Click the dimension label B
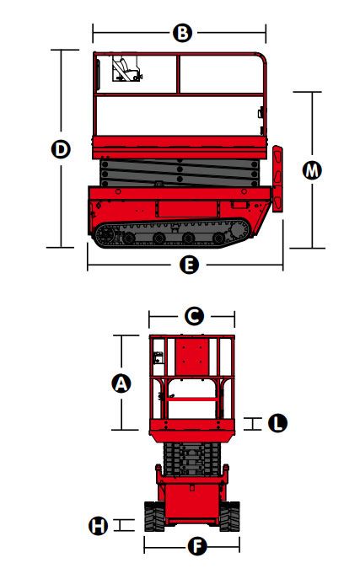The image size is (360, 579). [x=182, y=33]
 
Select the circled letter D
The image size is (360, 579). [x=61, y=149]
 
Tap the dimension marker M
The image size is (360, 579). [x=312, y=170]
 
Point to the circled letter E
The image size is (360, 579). [x=189, y=265]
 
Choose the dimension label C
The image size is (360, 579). [x=194, y=316]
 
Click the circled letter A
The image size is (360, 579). [x=121, y=383]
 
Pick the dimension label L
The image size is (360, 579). [x=277, y=423]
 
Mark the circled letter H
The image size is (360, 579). [x=98, y=525]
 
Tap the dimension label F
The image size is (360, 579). [x=197, y=546]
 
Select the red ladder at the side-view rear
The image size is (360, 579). [x=277, y=179]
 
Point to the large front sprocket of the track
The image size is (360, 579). [x=238, y=231]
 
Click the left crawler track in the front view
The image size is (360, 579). [x=154, y=517]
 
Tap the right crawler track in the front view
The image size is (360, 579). [x=229, y=517]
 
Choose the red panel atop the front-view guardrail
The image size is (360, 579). [x=192, y=357]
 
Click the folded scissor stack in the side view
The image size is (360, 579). [x=180, y=173]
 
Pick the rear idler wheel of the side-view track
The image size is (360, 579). [x=105, y=234]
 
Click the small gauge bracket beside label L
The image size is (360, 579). [x=253, y=424]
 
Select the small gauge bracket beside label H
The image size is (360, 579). [x=124, y=525]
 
